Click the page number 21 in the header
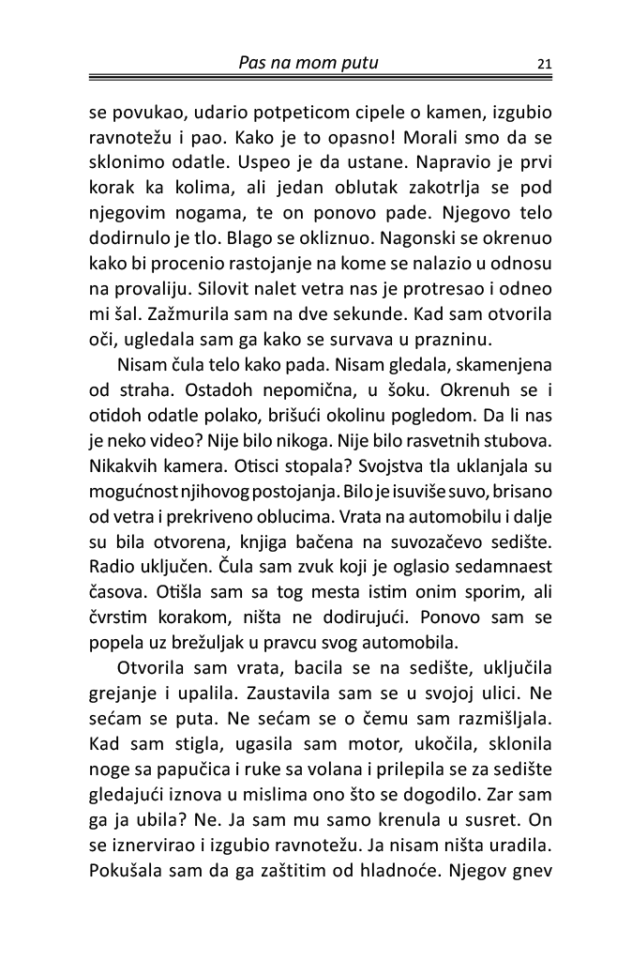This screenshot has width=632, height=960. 545,64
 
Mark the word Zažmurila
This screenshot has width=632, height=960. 173,350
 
